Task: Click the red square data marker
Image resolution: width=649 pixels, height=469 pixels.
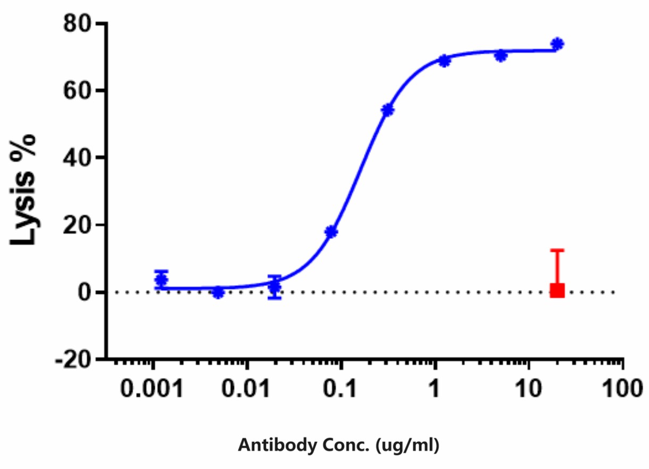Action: tap(557, 290)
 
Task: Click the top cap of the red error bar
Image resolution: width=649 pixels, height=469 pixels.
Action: tap(557, 250)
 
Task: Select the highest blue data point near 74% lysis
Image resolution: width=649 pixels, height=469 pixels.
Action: tap(557, 44)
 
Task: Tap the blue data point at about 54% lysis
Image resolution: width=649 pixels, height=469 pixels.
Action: tap(387, 110)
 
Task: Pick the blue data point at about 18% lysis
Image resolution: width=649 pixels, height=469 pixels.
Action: tap(331, 232)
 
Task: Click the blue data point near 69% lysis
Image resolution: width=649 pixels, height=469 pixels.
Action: tap(444, 61)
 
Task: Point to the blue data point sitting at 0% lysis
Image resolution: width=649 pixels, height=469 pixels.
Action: tap(218, 292)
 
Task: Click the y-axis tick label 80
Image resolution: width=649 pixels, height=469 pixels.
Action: tap(77, 24)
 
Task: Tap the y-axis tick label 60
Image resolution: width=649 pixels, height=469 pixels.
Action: tap(77, 91)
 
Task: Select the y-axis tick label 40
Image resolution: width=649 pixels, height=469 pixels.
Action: tap(77, 158)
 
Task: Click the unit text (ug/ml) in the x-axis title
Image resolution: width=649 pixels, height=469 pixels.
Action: tap(407, 445)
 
